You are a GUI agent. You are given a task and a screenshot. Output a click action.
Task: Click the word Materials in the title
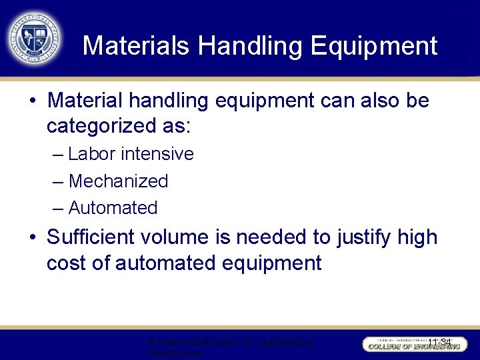click(x=137, y=46)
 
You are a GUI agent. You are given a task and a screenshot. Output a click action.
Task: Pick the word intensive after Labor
click(x=158, y=154)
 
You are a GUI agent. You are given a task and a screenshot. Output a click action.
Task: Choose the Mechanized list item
click(x=118, y=181)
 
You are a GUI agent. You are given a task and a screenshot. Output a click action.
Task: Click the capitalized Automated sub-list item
click(x=113, y=208)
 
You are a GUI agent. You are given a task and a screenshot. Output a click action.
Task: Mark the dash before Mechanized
click(x=58, y=181)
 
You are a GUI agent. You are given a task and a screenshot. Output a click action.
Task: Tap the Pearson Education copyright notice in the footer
click(x=231, y=347)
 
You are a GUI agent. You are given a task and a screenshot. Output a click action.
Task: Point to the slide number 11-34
click(x=439, y=343)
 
